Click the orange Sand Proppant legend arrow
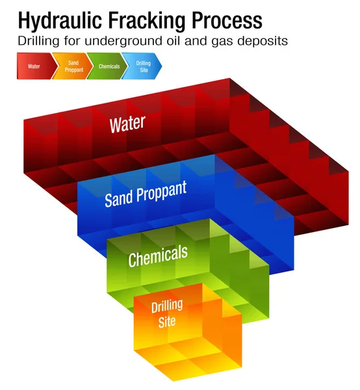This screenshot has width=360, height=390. (x=73, y=66)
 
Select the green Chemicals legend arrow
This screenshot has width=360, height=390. (x=109, y=66)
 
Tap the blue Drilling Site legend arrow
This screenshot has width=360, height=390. (x=144, y=66)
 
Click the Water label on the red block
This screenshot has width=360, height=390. (x=127, y=123)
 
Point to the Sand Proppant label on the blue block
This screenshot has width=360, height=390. (x=146, y=193)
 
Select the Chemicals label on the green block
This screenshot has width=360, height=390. (x=158, y=255)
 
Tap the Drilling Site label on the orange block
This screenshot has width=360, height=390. (x=167, y=312)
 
